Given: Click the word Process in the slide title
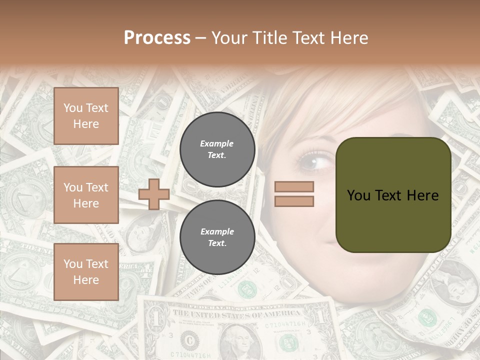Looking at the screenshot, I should coord(157,38).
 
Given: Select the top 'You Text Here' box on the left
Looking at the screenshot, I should coord(86,116).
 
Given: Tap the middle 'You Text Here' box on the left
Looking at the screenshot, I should coord(86,195).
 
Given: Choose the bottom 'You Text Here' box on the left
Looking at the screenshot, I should coord(86,272).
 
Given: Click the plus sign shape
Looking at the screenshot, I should coord(154,194).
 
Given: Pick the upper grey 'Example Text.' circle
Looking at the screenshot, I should coord(217,149).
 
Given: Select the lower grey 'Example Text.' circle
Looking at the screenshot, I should coord(217,237).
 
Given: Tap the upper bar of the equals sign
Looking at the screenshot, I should coord(294,187).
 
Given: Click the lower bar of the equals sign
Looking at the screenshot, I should coord(294,201).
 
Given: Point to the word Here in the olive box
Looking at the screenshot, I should coord(422,195).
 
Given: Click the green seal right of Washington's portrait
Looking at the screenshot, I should coord(288,343).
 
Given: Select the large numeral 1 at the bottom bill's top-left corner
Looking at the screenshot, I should coord(155,317).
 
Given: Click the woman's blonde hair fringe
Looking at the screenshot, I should coord(320,110).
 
